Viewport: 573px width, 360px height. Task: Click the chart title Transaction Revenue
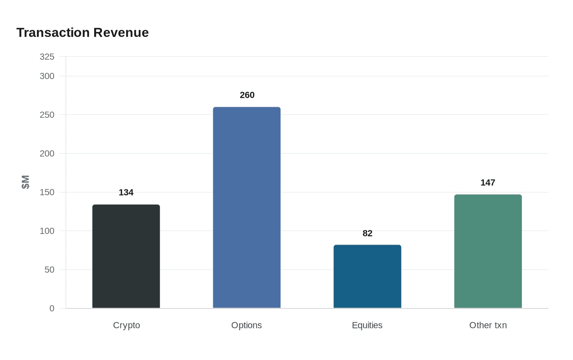point(82,32)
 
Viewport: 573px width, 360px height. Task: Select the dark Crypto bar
point(126,256)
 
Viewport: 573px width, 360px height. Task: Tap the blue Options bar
point(247,208)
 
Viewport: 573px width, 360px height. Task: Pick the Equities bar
point(368,277)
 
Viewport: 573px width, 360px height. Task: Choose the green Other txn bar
point(488,251)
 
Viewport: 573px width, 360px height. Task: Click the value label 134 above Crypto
point(126,192)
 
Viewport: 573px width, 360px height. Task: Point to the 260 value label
point(247,95)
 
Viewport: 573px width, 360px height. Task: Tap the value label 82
point(368,233)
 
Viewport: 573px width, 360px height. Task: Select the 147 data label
point(488,182)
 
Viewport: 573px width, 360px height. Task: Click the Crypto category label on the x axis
point(126,325)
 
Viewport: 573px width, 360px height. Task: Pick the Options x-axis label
point(246,325)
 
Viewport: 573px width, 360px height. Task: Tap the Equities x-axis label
point(367,325)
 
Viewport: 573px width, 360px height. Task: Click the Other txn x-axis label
point(488,325)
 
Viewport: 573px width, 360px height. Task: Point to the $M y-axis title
point(25,182)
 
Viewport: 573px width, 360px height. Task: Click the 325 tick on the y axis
point(47,57)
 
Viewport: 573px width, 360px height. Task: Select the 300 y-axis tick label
point(47,76)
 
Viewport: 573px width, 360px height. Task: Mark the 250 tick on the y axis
point(47,115)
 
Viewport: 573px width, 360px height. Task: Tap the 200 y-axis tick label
point(47,153)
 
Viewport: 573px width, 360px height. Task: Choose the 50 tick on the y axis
point(50,270)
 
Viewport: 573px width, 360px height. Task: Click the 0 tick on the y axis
point(52,308)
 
